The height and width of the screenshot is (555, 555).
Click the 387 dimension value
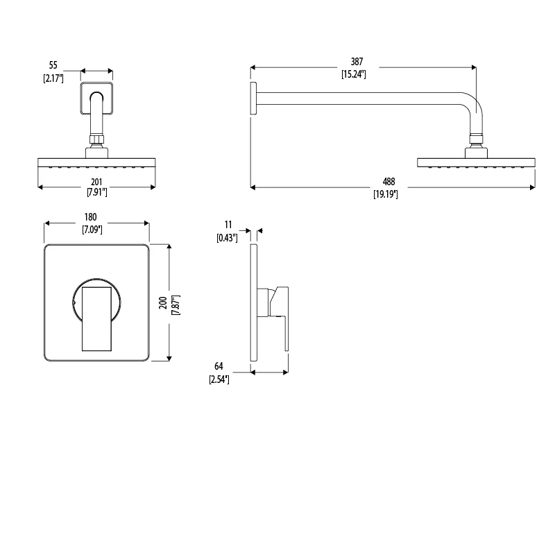[x=357, y=62]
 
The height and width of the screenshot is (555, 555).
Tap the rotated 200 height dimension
[x=161, y=303]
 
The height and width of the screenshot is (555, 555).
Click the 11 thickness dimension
[x=228, y=225]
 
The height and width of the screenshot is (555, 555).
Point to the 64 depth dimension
[x=219, y=366]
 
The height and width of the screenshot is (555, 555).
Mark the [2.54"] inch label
[x=219, y=379]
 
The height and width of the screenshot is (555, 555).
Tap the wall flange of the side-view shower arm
[x=253, y=97]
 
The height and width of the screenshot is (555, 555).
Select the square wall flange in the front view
[x=97, y=97]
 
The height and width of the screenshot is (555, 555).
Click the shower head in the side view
[x=476, y=162]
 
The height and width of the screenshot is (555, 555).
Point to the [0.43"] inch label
[x=226, y=237]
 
